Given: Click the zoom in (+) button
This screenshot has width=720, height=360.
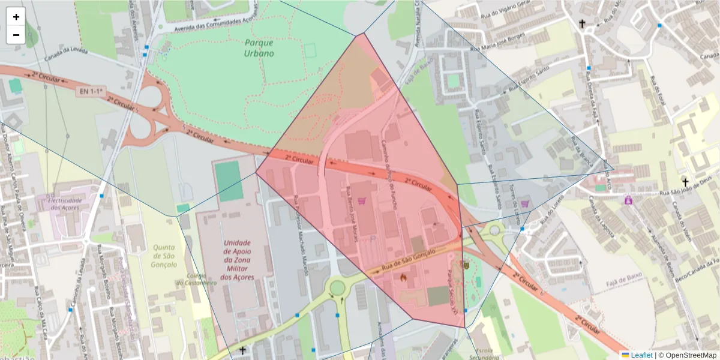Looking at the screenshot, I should click(16, 17).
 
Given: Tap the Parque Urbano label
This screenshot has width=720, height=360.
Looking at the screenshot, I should click(259, 47).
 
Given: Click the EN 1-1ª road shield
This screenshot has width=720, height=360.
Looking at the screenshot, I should click(90, 92).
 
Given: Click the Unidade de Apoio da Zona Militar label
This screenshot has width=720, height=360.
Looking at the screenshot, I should click(237, 260).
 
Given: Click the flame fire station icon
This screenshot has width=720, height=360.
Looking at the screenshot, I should click(403, 278).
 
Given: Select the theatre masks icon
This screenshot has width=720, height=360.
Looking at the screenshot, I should click(464, 263).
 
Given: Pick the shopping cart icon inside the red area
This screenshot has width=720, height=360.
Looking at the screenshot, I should click(362, 201).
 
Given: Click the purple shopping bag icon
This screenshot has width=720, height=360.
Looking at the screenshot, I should click(628, 200).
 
